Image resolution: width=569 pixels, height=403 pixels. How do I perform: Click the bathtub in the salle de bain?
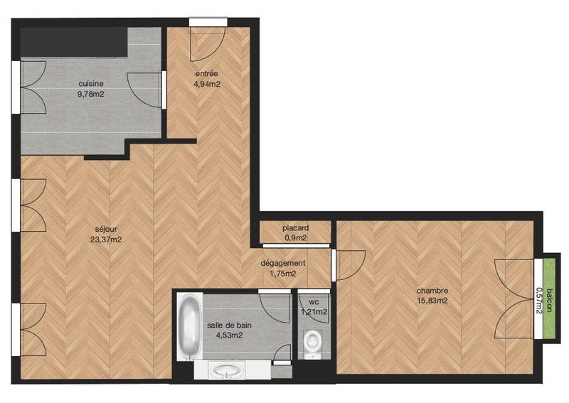(x=189, y=328)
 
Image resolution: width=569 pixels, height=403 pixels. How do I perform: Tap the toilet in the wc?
(x=312, y=343)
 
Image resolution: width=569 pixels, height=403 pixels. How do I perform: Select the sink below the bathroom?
(x=227, y=370)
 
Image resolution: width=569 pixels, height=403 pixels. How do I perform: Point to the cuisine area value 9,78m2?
(x=91, y=92)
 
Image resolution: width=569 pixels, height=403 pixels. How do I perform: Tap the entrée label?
(x=206, y=73)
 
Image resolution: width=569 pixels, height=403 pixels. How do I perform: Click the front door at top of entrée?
(x=208, y=43)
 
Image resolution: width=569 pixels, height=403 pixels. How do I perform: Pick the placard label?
(x=294, y=228)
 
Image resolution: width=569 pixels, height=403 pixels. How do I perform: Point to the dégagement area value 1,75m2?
(x=282, y=273)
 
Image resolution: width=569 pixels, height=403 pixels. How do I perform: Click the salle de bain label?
(x=229, y=325)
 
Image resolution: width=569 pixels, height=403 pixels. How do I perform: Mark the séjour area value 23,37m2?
(x=105, y=240)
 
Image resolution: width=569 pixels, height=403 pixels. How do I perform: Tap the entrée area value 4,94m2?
(x=206, y=84)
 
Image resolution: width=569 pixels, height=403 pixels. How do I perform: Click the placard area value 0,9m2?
(x=295, y=238)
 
